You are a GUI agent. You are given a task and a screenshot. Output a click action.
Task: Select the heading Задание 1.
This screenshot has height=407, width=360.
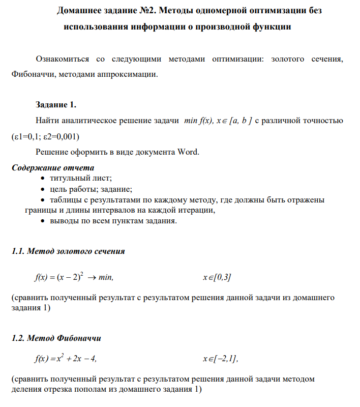(56, 105)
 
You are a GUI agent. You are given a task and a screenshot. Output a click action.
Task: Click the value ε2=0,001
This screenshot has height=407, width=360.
(62, 137)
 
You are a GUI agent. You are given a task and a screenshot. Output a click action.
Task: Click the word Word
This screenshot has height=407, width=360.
(189, 152)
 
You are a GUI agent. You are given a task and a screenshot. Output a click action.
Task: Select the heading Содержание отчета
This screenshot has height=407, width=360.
(52, 167)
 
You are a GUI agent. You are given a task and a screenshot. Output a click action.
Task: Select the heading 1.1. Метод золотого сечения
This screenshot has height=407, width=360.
(68, 251)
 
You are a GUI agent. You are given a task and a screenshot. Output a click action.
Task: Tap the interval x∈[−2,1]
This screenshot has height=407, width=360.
(220, 359)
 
